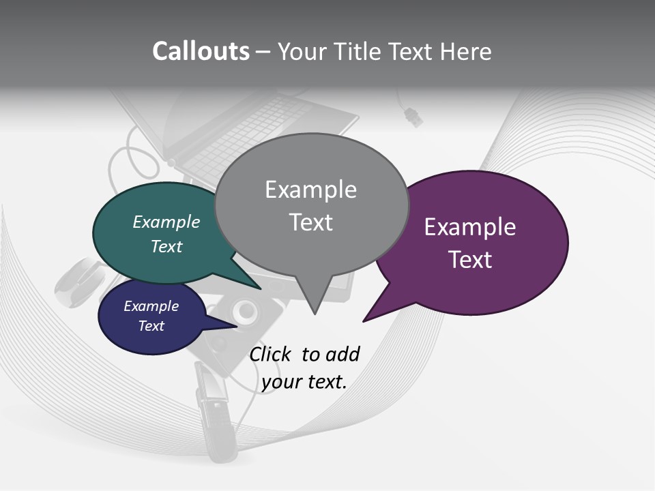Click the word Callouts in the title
coord(201,51)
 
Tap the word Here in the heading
coord(466,51)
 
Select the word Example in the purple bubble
coord(470,227)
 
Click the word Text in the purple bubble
coord(470,260)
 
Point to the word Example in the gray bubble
coord(310,190)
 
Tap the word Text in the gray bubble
coord(310,222)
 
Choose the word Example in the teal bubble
coord(166,222)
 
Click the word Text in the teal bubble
coord(166,246)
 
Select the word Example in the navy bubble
coord(151,306)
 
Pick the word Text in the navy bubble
coord(151,326)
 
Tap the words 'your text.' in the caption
coord(304,382)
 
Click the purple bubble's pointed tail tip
coord(364,321)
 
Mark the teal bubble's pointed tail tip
coord(260,289)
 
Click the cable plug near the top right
coord(413,117)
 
